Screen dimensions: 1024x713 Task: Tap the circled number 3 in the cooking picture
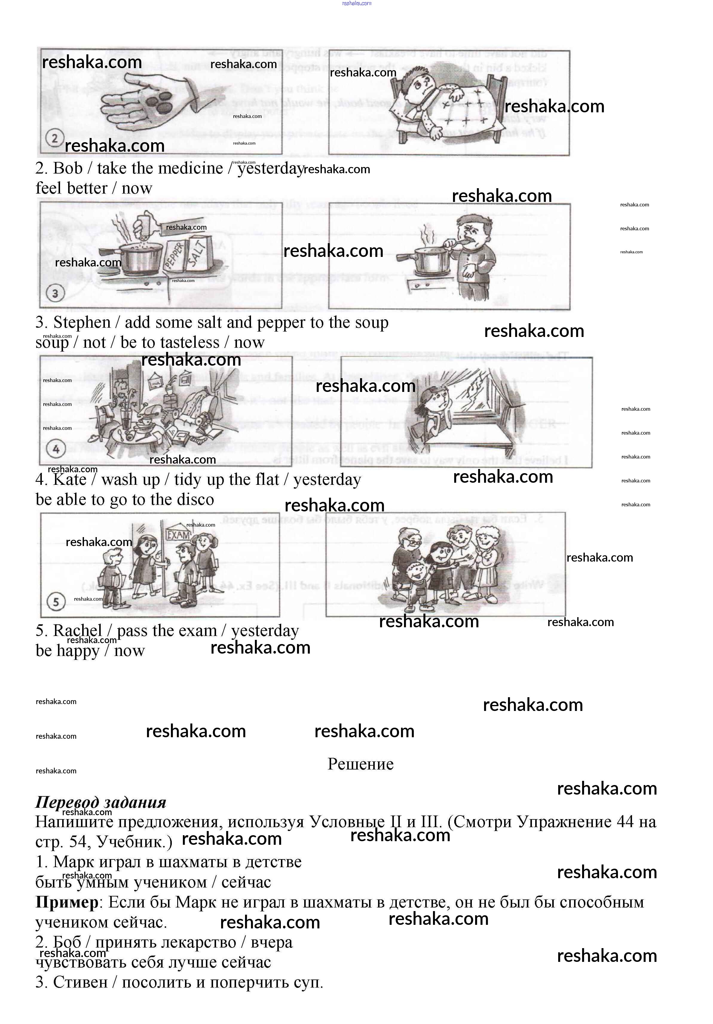[x=55, y=293]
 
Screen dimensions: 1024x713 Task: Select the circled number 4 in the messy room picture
[x=56, y=449]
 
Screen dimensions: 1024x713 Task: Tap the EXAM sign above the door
[x=178, y=535]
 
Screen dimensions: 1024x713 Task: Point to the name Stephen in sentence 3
[x=82, y=322]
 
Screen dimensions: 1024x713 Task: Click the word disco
[x=194, y=499]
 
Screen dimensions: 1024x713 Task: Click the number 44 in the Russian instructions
[x=625, y=821]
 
